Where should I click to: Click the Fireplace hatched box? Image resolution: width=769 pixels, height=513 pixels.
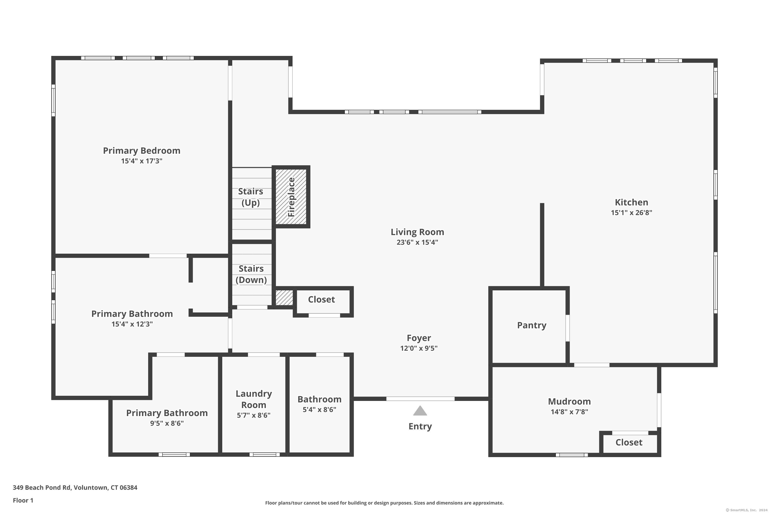[x=291, y=197]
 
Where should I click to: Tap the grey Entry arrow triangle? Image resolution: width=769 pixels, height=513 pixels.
[x=420, y=411]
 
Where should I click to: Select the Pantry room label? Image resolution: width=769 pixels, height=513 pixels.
[x=531, y=325]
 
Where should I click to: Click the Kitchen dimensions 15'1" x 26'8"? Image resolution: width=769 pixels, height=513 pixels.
[x=631, y=213]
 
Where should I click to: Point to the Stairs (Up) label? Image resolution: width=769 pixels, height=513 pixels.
[x=250, y=197]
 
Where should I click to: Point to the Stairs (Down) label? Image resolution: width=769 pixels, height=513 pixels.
[x=251, y=274]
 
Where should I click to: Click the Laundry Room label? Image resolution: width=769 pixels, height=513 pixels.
[x=254, y=399]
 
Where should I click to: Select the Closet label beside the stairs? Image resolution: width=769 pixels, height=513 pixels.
[x=321, y=300]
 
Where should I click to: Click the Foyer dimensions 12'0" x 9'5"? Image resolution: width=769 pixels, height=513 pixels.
[x=419, y=348]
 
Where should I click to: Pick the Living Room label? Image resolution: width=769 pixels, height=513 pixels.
[x=417, y=232]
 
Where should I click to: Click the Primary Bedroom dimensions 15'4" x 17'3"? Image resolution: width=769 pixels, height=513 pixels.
[x=141, y=161]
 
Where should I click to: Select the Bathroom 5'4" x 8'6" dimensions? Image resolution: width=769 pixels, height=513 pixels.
[x=319, y=410]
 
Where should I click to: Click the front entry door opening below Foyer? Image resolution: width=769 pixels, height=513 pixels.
[x=420, y=399]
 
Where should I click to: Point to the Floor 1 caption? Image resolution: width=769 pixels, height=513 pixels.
[x=23, y=500]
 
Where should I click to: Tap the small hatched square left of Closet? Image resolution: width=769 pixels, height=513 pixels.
[x=284, y=298]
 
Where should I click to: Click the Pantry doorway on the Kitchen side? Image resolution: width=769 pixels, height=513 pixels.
[x=568, y=328]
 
